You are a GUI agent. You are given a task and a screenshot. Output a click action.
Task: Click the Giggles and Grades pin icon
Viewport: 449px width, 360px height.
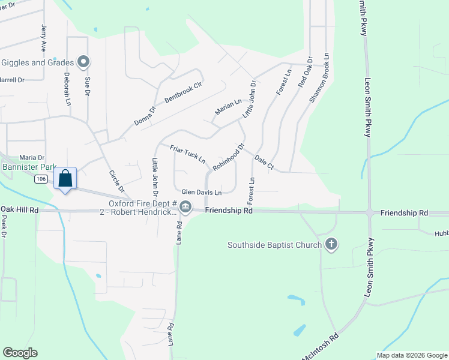tap(84, 62)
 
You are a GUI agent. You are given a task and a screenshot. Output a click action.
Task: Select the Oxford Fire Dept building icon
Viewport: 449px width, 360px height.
tap(185, 208)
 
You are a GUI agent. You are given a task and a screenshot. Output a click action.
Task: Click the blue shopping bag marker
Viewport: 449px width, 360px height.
tap(65, 179)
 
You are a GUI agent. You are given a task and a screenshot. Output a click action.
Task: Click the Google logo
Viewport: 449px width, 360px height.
tap(20, 353)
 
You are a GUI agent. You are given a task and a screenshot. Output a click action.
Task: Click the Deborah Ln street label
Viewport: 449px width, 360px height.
tap(67, 90)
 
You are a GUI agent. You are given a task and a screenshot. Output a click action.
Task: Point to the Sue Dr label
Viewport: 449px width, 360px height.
tap(87, 86)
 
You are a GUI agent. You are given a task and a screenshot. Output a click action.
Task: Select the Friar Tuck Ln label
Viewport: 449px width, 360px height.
tap(187, 154)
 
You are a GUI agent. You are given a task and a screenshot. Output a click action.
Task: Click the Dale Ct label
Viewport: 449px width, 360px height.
tap(264, 161)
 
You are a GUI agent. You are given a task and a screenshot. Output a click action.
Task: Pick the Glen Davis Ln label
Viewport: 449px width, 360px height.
tap(202, 193)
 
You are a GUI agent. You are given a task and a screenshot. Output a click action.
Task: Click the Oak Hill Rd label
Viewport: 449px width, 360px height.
tap(19, 210)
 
